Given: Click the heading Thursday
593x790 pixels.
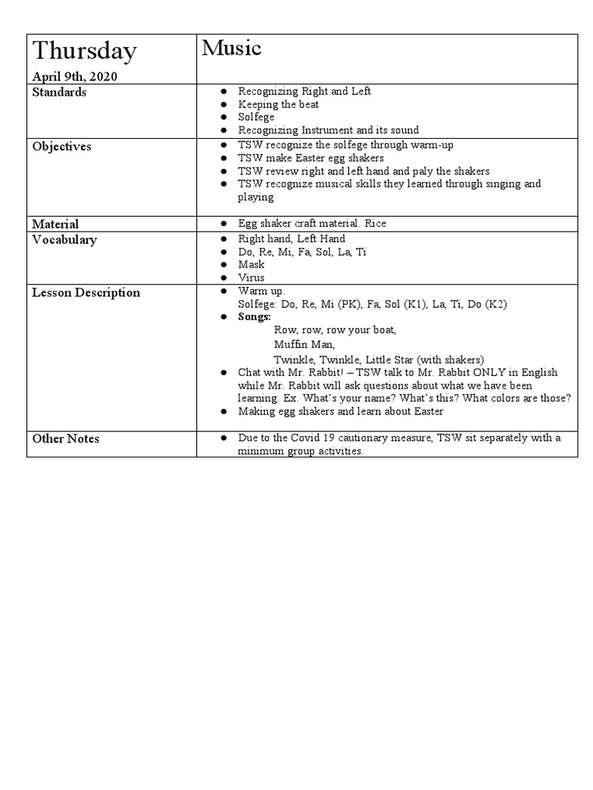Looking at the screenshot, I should point(84,52).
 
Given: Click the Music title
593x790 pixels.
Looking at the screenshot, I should point(232,49).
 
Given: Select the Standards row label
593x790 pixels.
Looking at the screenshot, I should point(59,93).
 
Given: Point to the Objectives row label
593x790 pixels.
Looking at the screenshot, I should point(62,147).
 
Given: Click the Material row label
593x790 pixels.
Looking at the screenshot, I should point(56,224).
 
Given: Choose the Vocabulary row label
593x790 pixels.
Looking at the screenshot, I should point(64,240).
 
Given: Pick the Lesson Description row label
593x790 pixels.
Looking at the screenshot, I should point(86,293).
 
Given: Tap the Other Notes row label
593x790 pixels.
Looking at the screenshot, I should point(66,439).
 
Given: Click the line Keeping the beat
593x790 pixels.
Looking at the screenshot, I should point(278,104).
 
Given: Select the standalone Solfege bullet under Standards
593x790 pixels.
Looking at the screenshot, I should point(256,117).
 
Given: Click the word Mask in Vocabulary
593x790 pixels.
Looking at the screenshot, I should point(251,265).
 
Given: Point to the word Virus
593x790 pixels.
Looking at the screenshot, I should point(251,278).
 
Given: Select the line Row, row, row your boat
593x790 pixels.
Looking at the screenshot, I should point(334,330).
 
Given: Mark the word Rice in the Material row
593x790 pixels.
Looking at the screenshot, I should point(375,224).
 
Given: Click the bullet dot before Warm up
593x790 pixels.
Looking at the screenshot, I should point(222,291).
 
